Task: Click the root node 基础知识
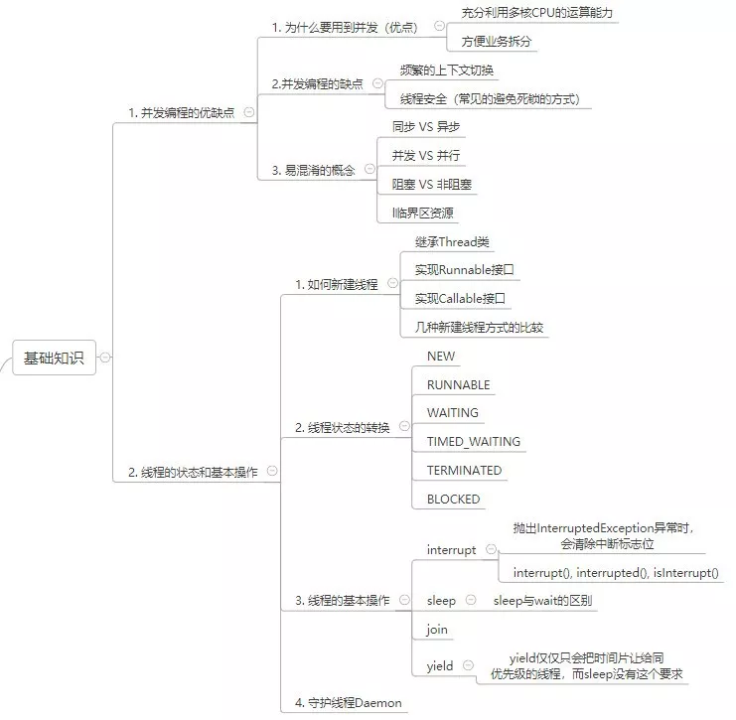click(55, 358)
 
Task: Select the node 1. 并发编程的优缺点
click(181, 113)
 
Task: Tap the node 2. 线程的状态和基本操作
click(193, 473)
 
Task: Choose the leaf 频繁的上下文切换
click(446, 71)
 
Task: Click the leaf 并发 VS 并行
click(426, 156)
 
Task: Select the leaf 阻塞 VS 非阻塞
click(431, 185)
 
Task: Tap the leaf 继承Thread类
click(452, 242)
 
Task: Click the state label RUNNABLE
click(458, 385)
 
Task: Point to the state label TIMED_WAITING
click(473, 442)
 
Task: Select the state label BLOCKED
click(453, 500)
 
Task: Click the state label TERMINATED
click(464, 471)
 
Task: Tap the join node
click(437, 630)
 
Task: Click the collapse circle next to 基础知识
click(105, 358)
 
